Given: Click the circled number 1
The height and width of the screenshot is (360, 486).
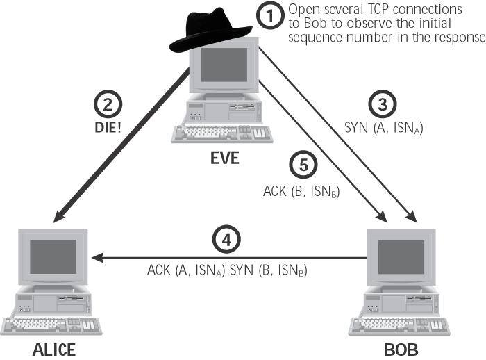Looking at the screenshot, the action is [x=270, y=15].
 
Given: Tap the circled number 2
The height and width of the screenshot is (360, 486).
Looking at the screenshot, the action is [x=108, y=104].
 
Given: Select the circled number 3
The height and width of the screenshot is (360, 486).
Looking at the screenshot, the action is [x=383, y=104].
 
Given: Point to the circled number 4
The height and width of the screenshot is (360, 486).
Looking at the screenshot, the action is [x=226, y=240].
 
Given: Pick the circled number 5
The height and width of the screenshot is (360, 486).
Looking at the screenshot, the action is [x=303, y=165].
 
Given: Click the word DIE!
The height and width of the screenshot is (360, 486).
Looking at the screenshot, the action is [x=108, y=128].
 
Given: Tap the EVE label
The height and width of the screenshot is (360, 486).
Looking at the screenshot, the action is [x=225, y=158].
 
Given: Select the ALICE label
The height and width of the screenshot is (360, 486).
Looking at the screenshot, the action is [x=54, y=350].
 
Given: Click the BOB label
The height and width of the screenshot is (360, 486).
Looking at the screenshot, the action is [x=401, y=350].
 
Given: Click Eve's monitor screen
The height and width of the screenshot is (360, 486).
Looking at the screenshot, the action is [x=224, y=65].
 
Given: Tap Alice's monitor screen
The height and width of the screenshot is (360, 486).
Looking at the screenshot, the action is [x=53, y=256].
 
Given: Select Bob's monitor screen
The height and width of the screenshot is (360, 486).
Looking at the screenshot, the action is [x=401, y=257].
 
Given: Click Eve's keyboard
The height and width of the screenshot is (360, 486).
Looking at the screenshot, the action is [x=222, y=133].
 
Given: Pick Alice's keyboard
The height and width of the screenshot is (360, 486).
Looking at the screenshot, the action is [x=51, y=326].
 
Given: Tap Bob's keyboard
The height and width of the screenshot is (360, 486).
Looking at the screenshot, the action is [x=399, y=326].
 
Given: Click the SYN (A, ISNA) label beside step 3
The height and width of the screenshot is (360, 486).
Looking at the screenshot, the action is [x=384, y=128].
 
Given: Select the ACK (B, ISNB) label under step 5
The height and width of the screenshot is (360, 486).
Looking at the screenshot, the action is [x=301, y=191].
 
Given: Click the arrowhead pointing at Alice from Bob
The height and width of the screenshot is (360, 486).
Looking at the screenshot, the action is [x=98, y=258].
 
